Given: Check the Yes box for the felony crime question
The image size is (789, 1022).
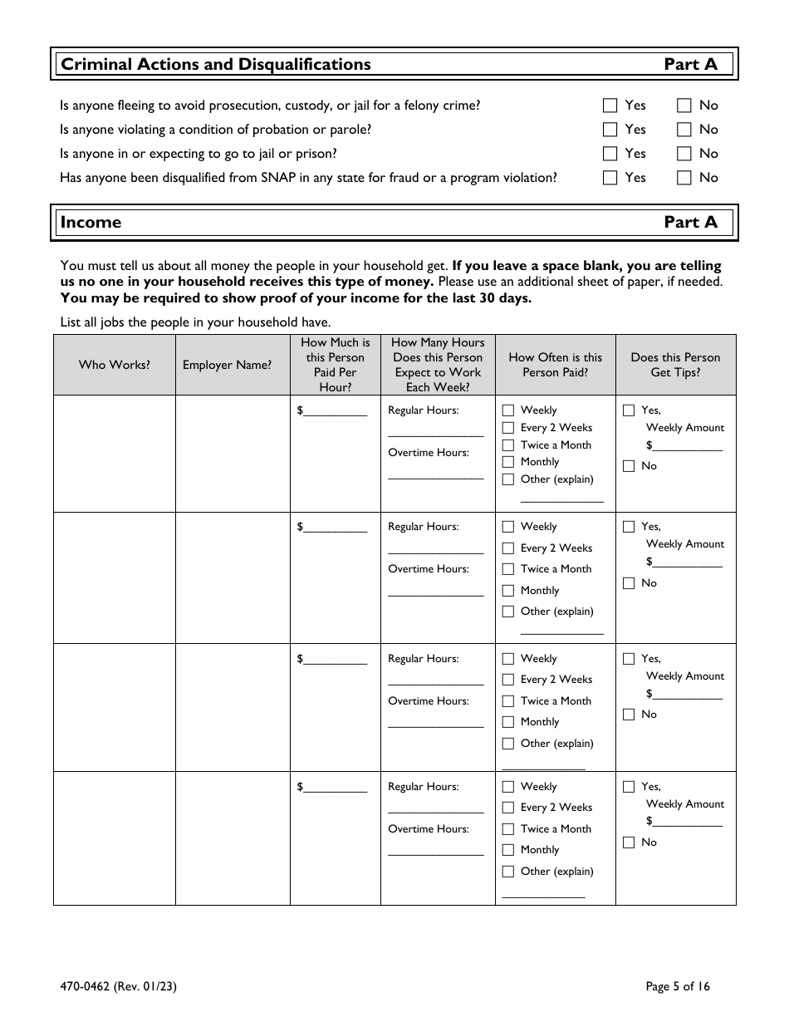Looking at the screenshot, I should coord(610,106).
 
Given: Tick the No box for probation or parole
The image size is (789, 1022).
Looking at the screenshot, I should coord(684,130).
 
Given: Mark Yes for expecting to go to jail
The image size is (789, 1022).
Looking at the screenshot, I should coord(610,154).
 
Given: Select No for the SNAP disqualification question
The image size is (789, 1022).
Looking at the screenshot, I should coord(684,178).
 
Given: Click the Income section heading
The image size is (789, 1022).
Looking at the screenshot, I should coord(91,223).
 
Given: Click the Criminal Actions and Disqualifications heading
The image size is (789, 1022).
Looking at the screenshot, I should coord(216,65).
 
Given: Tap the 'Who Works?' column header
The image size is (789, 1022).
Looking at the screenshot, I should coord(115,365).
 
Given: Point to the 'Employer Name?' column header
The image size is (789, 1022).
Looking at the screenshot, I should coord(227,365).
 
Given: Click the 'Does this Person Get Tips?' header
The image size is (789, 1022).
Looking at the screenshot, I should coord(675,365).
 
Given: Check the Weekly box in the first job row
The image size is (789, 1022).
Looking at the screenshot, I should coord(508,410).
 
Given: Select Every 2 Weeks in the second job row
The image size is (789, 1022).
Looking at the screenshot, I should coord(508,548).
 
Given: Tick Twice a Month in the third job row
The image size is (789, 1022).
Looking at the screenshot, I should coord(508,701).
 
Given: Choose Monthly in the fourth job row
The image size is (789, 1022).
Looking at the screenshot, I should coord(508,850).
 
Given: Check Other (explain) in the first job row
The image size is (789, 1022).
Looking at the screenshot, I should coord(508,479).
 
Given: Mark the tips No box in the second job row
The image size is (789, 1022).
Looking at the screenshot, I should coord(629,583).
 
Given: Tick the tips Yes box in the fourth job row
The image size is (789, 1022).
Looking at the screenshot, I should coord(629,787).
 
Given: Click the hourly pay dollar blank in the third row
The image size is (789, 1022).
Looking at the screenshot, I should coord(336,660).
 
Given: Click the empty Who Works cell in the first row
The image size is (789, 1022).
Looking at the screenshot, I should coord(115,453).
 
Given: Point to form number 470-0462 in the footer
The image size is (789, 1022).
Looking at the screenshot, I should coord(118,987).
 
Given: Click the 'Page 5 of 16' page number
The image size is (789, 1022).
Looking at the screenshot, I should coord(678,987).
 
